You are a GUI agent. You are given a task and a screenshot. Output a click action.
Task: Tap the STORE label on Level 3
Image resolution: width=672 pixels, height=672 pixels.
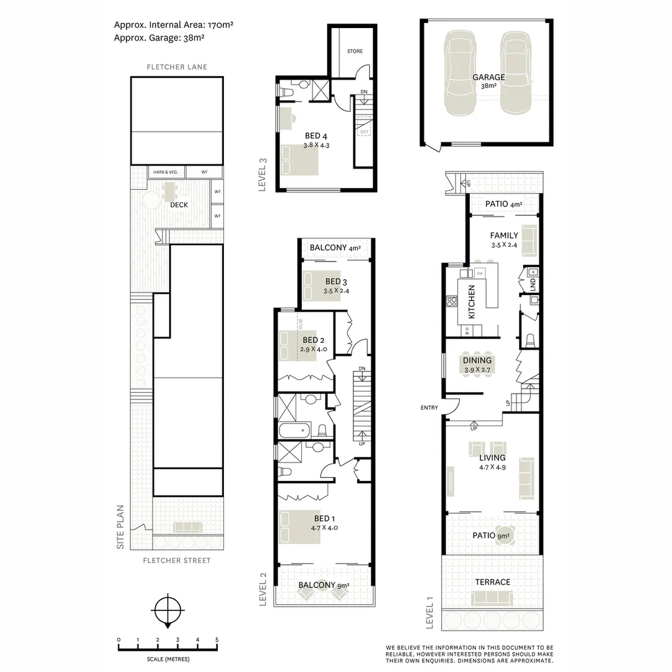pos(355,51)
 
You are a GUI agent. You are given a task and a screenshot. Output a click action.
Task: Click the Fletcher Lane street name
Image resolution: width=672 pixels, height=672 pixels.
pos(177,67)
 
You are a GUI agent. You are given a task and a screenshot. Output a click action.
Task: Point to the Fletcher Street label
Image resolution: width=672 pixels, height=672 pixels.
pos(177,561)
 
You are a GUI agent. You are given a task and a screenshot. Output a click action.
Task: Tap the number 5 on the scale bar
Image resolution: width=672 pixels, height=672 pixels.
pos(217,640)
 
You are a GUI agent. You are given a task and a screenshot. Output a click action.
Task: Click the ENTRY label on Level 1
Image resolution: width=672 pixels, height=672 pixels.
pos(429,408)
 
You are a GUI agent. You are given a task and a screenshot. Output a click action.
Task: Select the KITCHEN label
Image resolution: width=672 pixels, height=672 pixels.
pos(472,302)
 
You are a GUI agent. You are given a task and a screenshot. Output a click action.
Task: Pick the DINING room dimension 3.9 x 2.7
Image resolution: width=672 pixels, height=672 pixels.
pos(477,370)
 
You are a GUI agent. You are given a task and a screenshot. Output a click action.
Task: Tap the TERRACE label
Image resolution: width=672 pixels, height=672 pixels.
pos(493,582)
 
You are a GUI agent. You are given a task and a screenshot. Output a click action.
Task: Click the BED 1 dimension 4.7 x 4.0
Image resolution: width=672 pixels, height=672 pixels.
pos(324,528)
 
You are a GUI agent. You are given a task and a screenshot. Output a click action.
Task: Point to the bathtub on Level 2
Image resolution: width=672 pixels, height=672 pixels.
pos(294,430)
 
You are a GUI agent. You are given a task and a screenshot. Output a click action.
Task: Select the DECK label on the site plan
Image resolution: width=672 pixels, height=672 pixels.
pos(179,205)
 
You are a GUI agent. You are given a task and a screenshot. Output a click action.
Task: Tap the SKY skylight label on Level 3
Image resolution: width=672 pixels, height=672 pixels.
pos(363,132)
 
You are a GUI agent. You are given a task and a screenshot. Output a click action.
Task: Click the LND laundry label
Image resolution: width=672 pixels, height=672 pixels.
pos(533,284)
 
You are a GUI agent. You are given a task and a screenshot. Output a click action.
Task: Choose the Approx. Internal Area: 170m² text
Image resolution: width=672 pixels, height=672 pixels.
pos(174,25)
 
